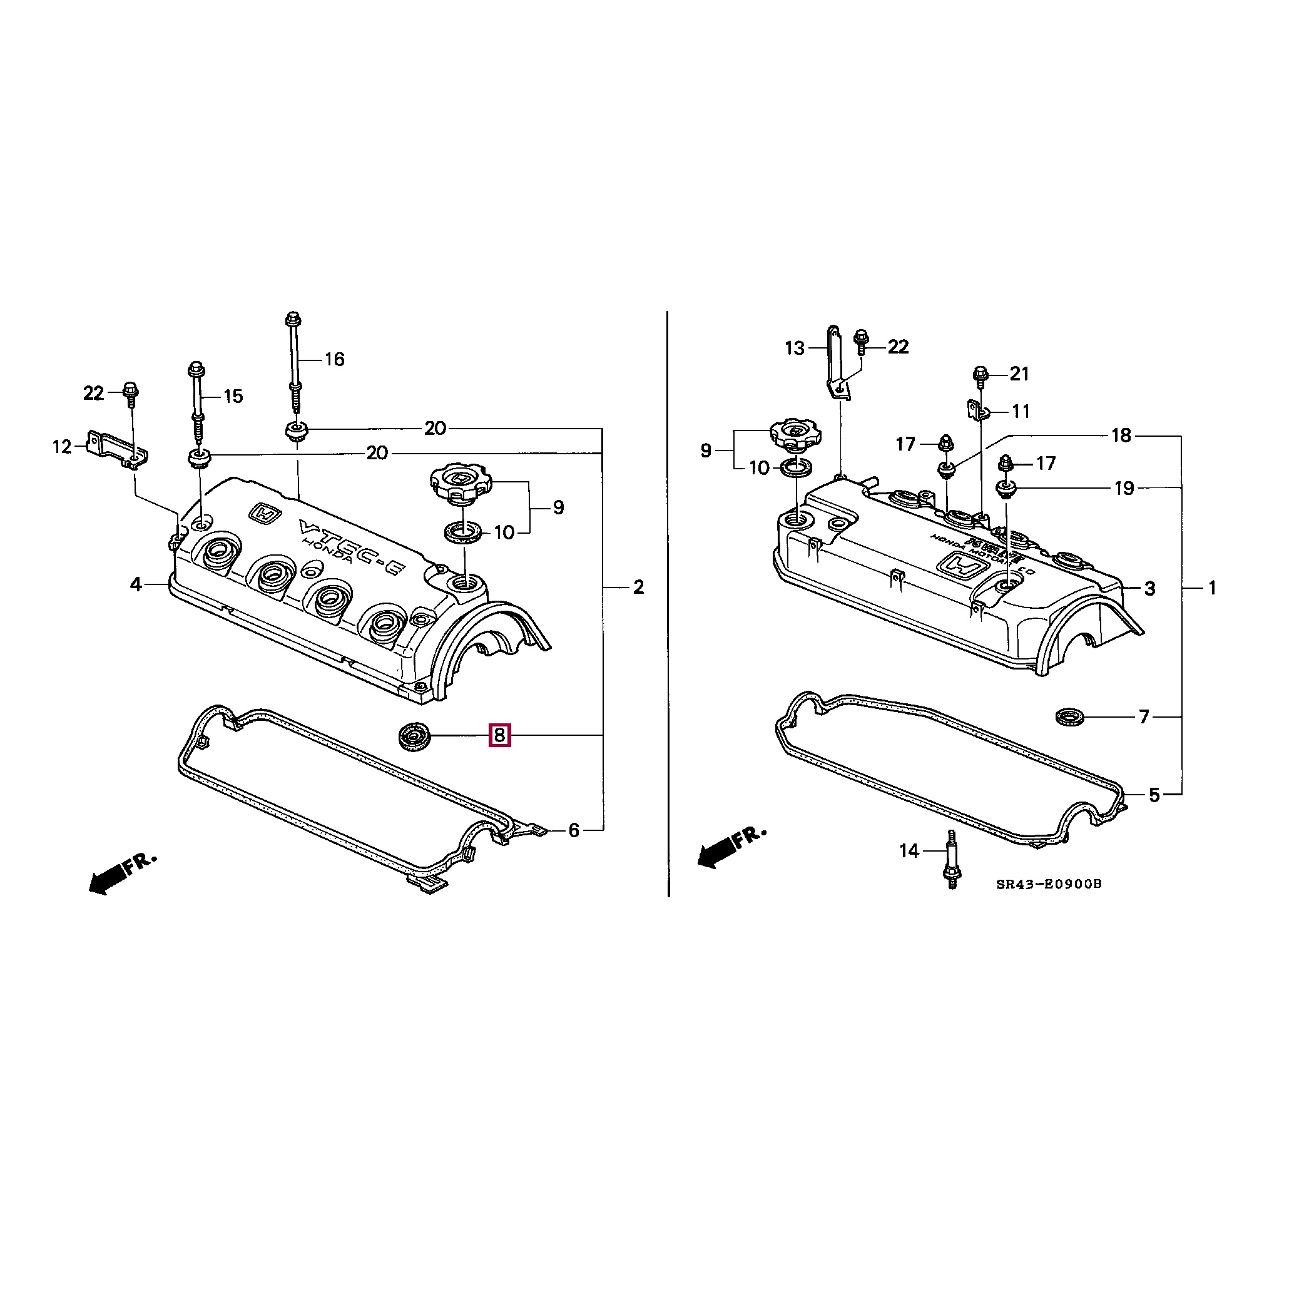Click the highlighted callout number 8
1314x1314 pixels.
point(499,735)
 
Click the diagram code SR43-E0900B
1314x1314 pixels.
point(1048,884)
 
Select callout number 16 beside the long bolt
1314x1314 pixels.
point(334,359)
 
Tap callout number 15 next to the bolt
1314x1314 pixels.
point(233,397)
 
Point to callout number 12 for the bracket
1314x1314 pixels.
point(62,447)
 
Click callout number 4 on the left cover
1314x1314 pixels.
point(136,584)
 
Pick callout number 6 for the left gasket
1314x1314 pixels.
point(573,830)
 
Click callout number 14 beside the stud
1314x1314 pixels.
point(909,851)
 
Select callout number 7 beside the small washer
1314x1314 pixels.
point(1143,717)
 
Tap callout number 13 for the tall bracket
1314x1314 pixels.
point(795,349)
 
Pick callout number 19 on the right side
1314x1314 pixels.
point(1124,488)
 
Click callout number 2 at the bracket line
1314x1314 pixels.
point(638,587)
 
